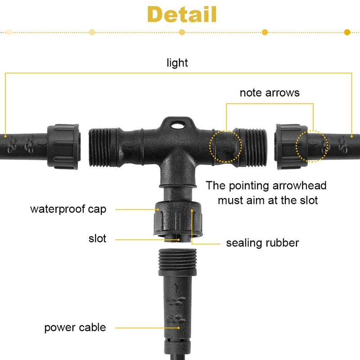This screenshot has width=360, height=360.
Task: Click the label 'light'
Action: [x=177, y=63]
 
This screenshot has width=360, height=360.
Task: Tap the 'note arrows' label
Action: [x=270, y=93]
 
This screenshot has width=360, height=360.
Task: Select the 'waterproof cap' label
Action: [x=68, y=209]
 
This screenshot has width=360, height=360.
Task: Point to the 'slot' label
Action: [x=97, y=238]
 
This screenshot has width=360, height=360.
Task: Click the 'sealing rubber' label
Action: [x=262, y=243]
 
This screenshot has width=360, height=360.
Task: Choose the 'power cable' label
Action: [x=75, y=327]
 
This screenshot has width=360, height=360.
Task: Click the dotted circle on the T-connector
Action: [x=225, y=146]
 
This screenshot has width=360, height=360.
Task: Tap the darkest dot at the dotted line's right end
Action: [x=347, y=32]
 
